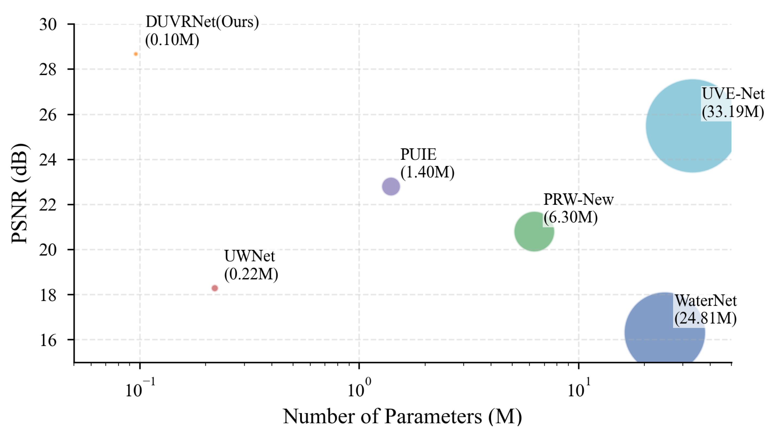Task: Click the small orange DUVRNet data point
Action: point(136,54)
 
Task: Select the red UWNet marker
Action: point(215,288)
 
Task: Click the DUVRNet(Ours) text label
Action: point(202,22)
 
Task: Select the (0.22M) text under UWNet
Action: point(251,274)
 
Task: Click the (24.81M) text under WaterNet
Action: point(705,318)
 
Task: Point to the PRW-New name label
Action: point(578,200)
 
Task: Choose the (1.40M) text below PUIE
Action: point(427,172)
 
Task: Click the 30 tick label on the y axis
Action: point(48,25)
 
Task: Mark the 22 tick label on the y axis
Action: point(48,205)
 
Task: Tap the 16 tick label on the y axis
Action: point(48,340)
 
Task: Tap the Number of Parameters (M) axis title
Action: point(402,416)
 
